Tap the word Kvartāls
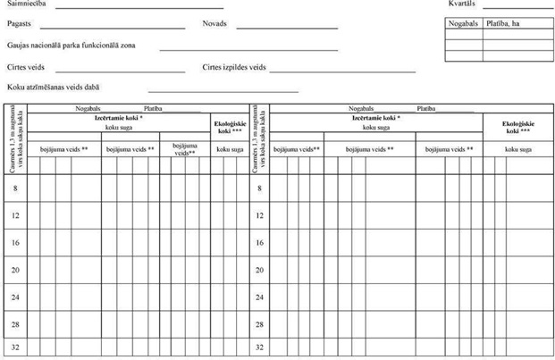point(463,4)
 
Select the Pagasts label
point(19,25)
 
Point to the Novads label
point(214,25)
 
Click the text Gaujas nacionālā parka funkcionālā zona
point(71,45)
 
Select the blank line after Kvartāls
point(517,7)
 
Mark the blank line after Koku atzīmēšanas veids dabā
point(223,90)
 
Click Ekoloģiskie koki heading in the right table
point(517,126)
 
